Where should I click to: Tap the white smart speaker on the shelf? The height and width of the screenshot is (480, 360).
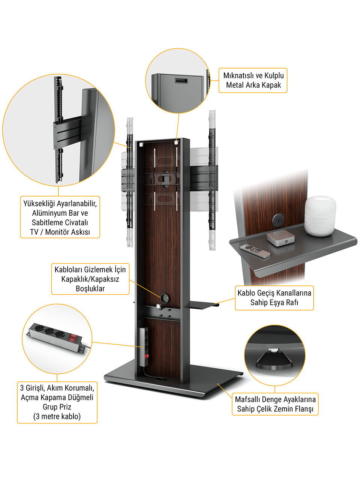pos(320,216)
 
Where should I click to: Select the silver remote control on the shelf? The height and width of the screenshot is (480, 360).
pos(255,251)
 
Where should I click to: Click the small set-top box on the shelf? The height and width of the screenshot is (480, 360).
pos(280,238)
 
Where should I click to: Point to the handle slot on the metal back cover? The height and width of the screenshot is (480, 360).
pos(181,81)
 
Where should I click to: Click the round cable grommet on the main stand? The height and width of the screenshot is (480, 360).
pos(164,297)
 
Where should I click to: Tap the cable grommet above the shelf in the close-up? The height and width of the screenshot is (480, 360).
pos(278,220)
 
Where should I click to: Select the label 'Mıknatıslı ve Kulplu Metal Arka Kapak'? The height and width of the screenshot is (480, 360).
pos(253,80)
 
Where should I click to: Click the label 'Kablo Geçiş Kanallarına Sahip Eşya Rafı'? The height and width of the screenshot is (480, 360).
pos(274,298)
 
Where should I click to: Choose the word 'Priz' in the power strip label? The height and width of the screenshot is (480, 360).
pos(65,407)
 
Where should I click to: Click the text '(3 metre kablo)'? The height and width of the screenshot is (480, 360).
pos(57,416)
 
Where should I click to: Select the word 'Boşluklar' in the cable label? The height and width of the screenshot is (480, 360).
pos(90,288)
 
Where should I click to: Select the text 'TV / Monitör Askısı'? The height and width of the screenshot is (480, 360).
pos(60,232)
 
